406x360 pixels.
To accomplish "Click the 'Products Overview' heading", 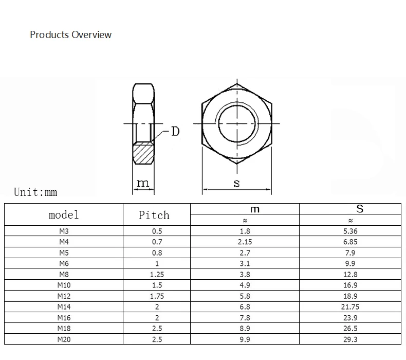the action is (71, 35).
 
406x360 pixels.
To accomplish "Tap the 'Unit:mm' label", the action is (35, 192).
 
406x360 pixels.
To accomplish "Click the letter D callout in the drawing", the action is (175, 132).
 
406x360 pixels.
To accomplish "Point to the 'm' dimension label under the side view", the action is (143, 183).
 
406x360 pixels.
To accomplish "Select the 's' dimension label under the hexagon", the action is (236, 183).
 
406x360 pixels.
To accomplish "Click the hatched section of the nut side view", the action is (143, 153).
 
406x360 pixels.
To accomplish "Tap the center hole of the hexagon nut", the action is (237, 123).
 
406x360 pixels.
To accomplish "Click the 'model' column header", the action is (63, 215).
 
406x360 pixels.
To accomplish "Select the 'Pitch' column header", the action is (154, 215).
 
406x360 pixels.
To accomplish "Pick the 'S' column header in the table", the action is (360, 209).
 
